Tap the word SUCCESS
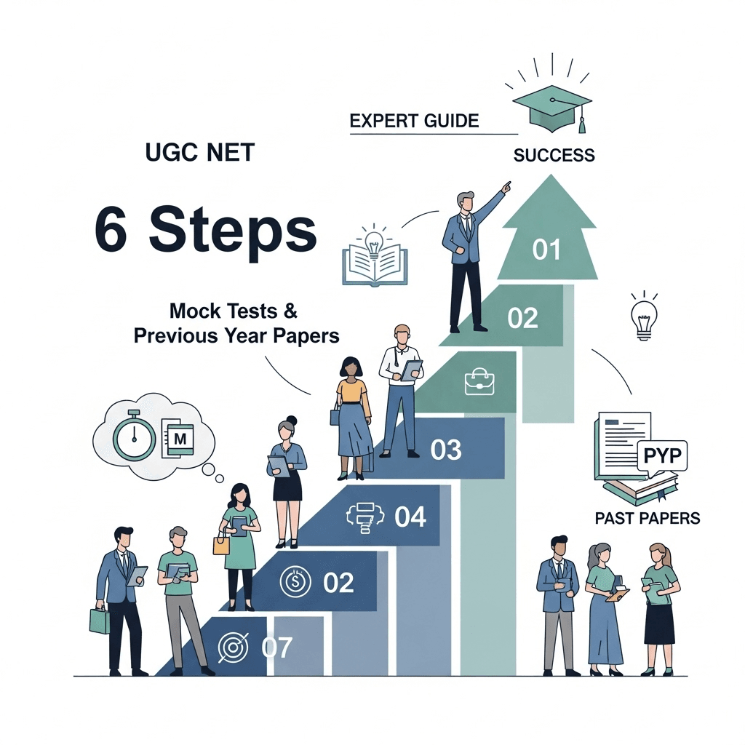point(554,155)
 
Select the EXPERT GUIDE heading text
point(414,121)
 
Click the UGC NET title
point(200,154)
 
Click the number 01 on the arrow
point(546,250)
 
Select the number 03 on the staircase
point(446,450)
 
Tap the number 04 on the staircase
point(410,517)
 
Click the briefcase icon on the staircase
point(479,381)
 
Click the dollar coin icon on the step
point(294,581)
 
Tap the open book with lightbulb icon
point(375,256)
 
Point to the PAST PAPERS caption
point(647,518)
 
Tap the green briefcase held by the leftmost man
point(99,620)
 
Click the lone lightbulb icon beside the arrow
point(643,318)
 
